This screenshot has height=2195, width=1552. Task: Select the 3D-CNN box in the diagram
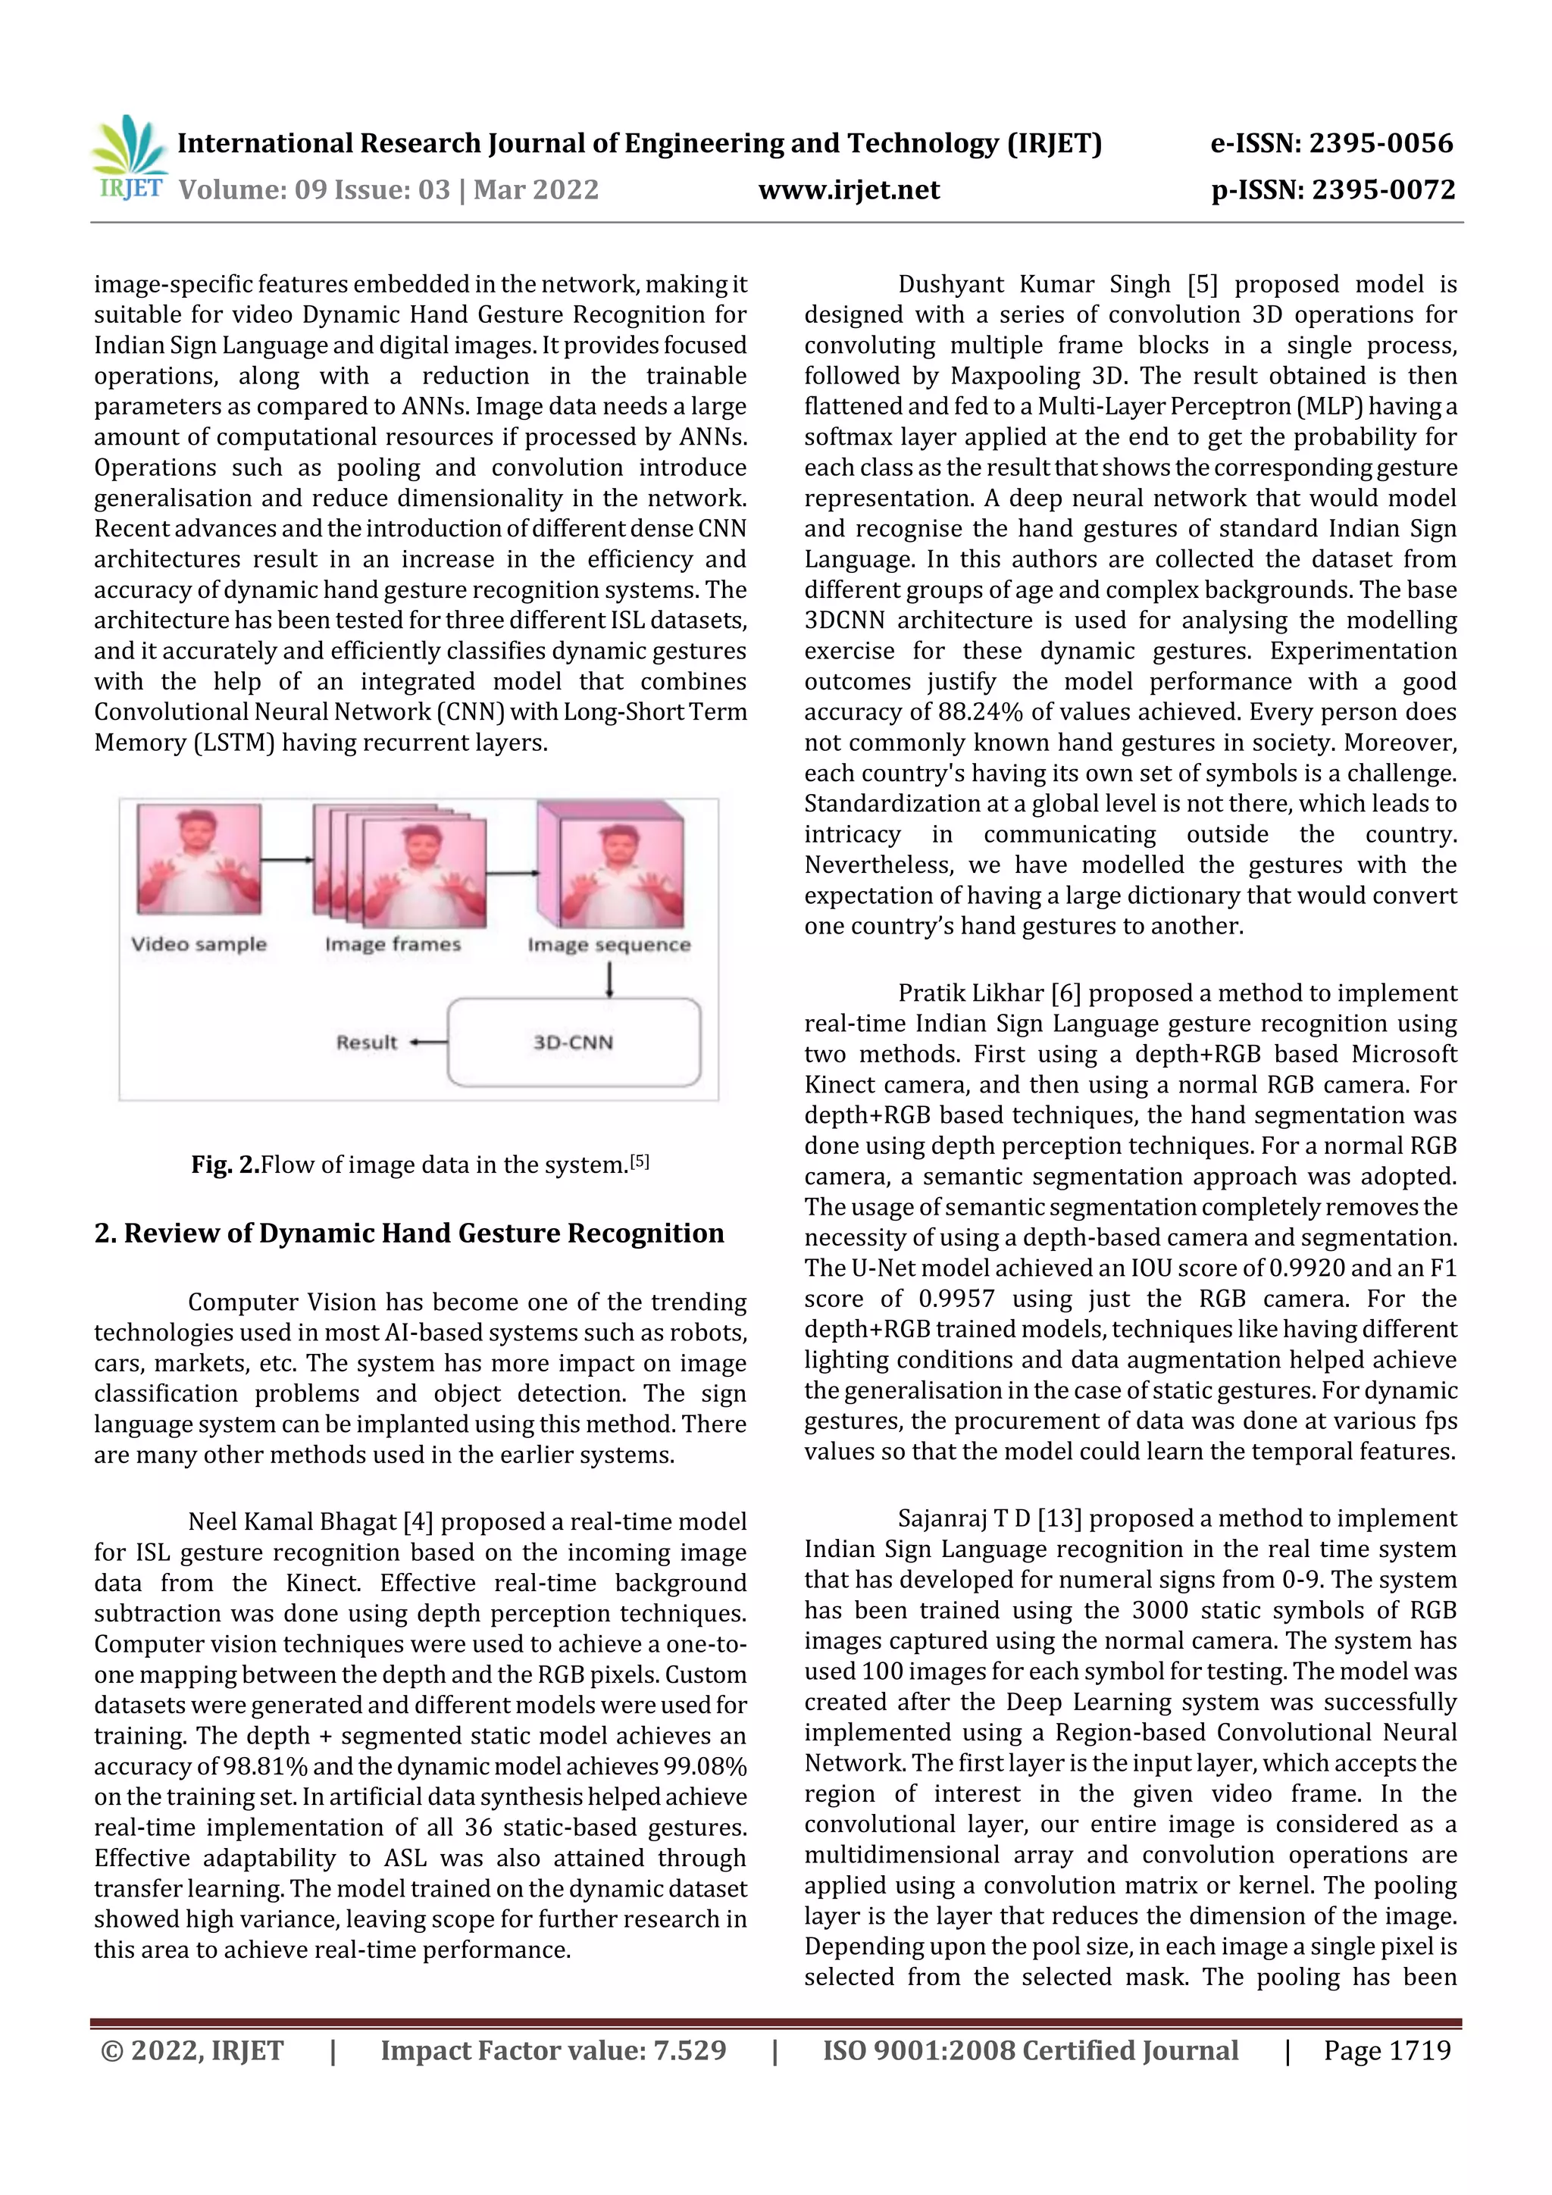tap(574, 1042)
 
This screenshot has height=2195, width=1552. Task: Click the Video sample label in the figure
tap(199, 945)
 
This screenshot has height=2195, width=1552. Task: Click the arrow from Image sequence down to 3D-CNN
tap(609, 979)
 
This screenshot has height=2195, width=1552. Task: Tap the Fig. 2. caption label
tap(225, 1165)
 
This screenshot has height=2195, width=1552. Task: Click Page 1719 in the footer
tap(1387, 2050)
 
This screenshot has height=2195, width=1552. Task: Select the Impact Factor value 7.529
tap(689, 2050)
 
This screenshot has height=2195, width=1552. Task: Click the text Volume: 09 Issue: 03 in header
tap(314, 190)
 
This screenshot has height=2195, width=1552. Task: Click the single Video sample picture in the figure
tap(199, 858)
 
